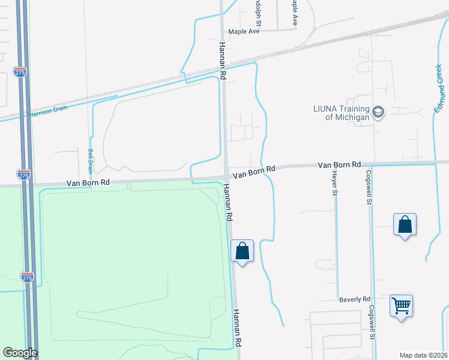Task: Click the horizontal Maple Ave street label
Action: point(243,32)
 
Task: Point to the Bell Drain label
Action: point(91,161)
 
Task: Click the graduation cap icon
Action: point(378,113)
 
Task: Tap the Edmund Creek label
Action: point(441,88)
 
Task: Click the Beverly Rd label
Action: point(354,299)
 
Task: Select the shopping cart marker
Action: point(400,305)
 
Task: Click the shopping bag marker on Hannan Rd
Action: point(242,251)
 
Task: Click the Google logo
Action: point(20,353)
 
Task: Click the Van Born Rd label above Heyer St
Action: point(339,164)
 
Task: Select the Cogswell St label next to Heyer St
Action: point(368,187)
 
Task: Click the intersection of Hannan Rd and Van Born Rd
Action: point(227,175)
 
